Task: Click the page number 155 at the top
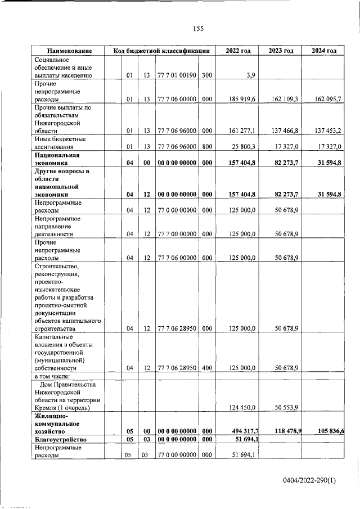[198, 29]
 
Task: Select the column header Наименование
[70, 51]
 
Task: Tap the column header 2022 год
[238, 51]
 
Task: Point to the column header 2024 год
[324, 51]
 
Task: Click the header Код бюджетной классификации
[161, 51]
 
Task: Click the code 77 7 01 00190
[177, 75]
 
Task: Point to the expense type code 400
[207, 368]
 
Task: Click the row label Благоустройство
[60, 439]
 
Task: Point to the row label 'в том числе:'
[52, 376]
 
